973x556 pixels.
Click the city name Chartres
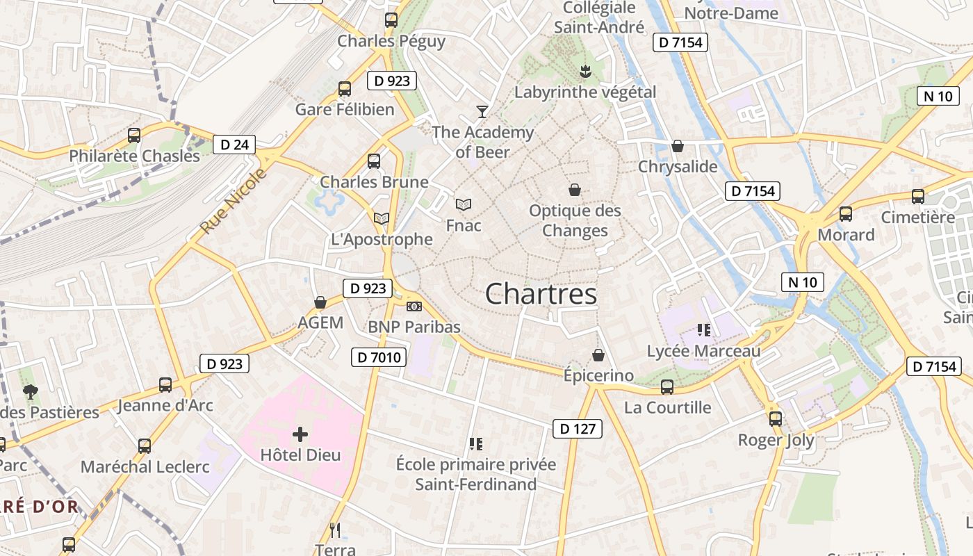coord(541,294)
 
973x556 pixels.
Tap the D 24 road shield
coord(234,145)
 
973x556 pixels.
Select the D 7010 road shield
coord(378,357)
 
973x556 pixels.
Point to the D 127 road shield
coord(578,429)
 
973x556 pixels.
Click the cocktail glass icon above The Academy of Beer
coord(482,111)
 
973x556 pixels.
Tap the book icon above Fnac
coord(464,204)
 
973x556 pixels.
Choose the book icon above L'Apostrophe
coord(381,218)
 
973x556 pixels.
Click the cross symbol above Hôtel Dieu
coord(300,435)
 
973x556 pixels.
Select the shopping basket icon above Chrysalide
coord(678,146)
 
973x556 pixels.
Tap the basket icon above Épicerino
coord(598,355)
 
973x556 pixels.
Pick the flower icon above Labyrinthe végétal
coord(585,70)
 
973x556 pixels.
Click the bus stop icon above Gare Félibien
coord(345,89)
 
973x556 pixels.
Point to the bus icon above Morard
coord(846,214)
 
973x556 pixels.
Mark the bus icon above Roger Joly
coord(776,419)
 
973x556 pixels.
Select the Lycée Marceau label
coord(703,351)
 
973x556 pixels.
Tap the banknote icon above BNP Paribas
coord(414,306)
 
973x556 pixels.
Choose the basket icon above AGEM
coord(320,302)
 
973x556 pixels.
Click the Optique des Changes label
coord(575,220)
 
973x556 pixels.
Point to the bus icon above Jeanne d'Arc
coord(165,384)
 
